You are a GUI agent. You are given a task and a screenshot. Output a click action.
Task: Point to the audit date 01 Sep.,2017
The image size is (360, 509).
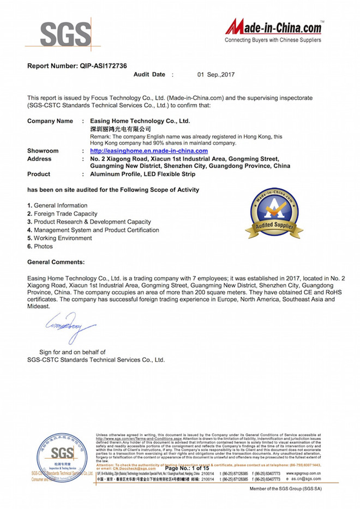coord(216,75)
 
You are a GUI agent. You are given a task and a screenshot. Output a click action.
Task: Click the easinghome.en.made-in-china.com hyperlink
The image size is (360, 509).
coord(149,151)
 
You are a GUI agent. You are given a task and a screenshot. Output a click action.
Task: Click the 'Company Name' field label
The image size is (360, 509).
coord(50,121)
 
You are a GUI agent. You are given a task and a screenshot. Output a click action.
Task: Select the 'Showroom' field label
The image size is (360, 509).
coord(43,151)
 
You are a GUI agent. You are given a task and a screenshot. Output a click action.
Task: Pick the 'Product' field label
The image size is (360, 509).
coord(39,174)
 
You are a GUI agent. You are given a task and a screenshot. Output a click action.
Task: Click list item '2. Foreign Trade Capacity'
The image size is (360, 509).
coord(62,214)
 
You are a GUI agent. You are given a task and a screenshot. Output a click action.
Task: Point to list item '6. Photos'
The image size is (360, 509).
coord(41,247)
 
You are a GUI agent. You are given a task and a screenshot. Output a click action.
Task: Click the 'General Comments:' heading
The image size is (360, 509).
coord(56,262)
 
